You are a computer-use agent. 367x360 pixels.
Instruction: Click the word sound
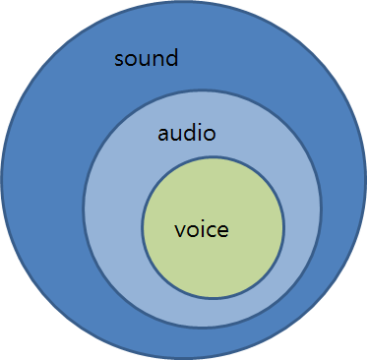point(146,57)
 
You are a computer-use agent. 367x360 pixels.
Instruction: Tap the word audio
point(187,133)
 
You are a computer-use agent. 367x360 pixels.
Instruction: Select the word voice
point(201,230)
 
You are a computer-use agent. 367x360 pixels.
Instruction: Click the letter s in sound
point(119,59)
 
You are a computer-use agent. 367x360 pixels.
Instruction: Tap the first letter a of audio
point(163,135)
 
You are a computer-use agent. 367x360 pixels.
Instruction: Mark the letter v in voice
point(179,232)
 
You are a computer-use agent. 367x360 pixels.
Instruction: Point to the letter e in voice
point(222,232)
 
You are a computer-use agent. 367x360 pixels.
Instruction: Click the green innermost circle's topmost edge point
point(213,157)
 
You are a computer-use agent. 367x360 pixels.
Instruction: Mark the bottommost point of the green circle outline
point(213,298)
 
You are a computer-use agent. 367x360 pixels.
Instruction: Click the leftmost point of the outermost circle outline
point(2,179)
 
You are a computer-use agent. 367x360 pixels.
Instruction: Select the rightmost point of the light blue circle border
point(321,209)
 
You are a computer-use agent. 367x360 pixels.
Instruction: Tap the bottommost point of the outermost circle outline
point(184,358)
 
